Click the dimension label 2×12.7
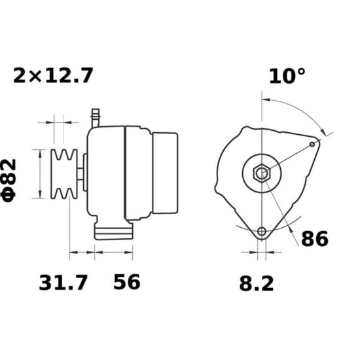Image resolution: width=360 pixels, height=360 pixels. tap(53, 75)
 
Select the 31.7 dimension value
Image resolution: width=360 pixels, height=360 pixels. tap(63, 283)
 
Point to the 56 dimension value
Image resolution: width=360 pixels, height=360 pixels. tap(127, 281)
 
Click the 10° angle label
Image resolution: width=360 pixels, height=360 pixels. tap(287, 76)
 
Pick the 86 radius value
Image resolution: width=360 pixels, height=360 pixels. tap(315, 239)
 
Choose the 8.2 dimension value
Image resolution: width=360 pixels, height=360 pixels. tap(257, 284)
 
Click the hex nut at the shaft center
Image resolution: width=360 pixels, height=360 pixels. tap(262, 173)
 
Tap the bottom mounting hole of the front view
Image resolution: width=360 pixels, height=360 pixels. tap(262, 231)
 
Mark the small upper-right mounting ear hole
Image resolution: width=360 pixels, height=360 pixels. tap(312, 145)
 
